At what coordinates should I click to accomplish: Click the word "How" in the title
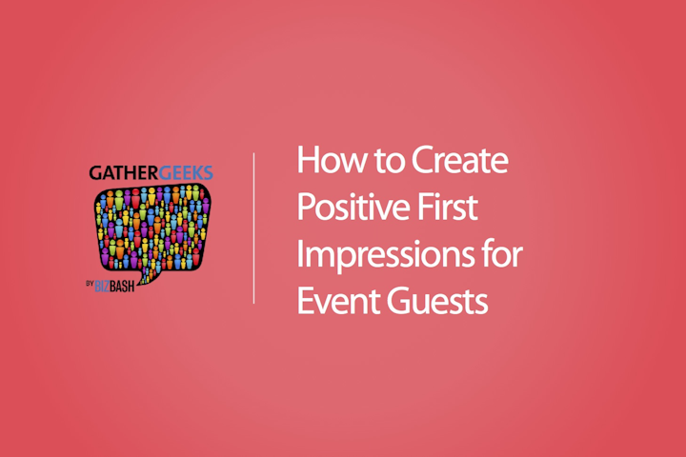[x=333, y=160]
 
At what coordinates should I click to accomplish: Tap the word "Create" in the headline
[x=460, y=160]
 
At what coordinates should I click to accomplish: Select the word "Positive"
[x=353, y=209]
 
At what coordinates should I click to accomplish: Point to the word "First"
[x=447, y=208]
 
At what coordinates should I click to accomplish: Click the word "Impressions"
[x=386, y=255]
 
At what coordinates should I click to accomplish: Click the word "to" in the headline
[x=388, y=161]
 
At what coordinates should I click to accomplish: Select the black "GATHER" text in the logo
[x=124, y=173]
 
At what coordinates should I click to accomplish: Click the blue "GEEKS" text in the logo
[x=186, y=173]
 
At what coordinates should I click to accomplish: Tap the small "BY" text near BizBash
[x=90, y=284]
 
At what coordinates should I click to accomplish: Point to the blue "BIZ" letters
[x=102, y=287]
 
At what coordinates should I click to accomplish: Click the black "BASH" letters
[x=122, y=287]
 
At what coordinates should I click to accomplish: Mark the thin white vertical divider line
[x=253, y=228]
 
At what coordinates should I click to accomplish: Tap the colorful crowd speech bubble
[x=151, y=229]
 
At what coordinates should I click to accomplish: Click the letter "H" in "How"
[x=308, y=160]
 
